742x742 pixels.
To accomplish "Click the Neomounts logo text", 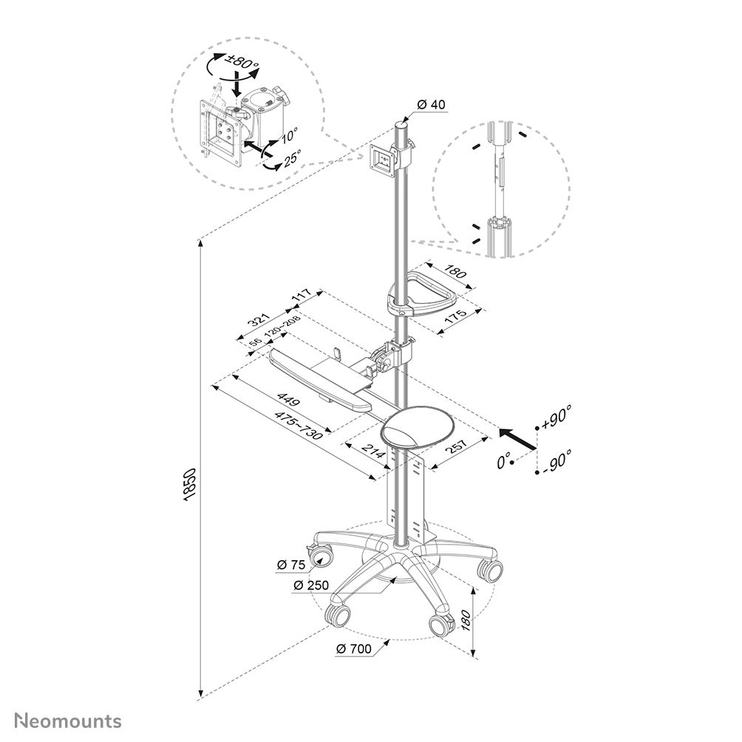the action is (68, 721).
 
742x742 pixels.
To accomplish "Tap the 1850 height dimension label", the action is (189, 485).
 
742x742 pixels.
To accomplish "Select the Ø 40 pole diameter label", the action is (431, 104).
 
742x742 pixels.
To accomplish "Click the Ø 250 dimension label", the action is (311, 585).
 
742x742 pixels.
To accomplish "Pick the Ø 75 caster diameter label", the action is (291, 565).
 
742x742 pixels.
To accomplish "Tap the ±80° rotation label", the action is (243, 63).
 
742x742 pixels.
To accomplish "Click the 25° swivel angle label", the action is (293, 159).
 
